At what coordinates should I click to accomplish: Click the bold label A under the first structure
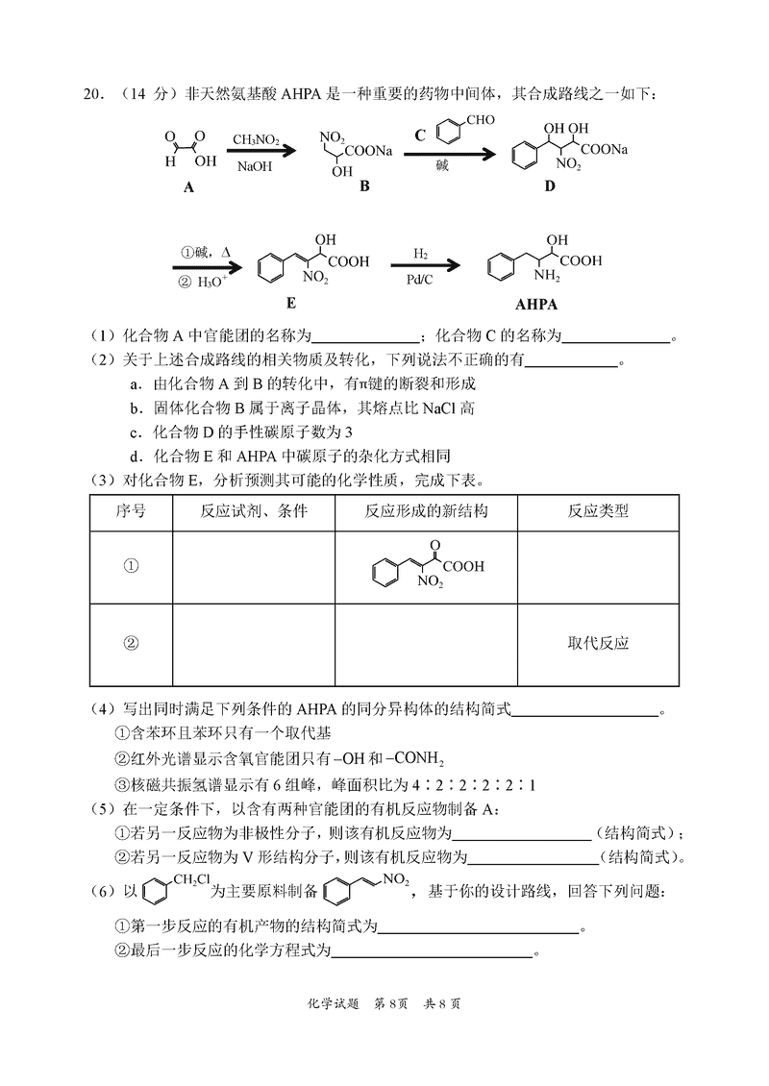pos(188,187)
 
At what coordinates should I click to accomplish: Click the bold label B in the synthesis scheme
pos(363,186)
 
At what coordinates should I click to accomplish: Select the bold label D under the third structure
pos(549,186)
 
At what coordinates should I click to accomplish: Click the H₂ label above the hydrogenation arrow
pos(421,253)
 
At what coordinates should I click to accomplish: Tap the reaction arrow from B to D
pos(449,153)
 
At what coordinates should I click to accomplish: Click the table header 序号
pos(131,511)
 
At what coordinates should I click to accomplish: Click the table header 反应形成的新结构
pos(427,511)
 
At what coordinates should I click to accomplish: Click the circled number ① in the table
pos(131,566)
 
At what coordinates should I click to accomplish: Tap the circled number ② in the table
pos(131,643)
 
